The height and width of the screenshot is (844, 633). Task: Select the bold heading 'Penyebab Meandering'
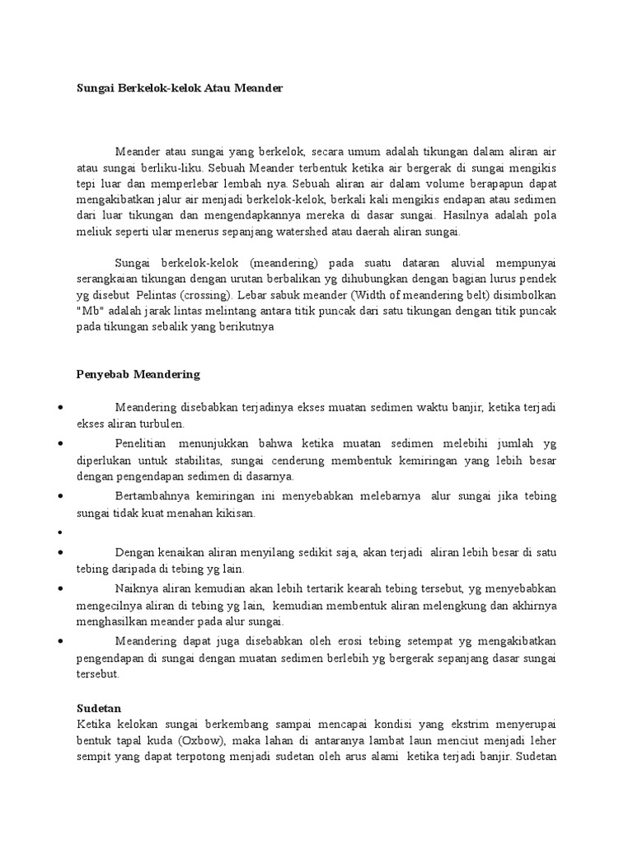point(132,373)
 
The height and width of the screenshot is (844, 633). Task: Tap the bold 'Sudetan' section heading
point(98,707)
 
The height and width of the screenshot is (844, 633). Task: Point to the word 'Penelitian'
point(143,443)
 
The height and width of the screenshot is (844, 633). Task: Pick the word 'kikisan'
point(237,513)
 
